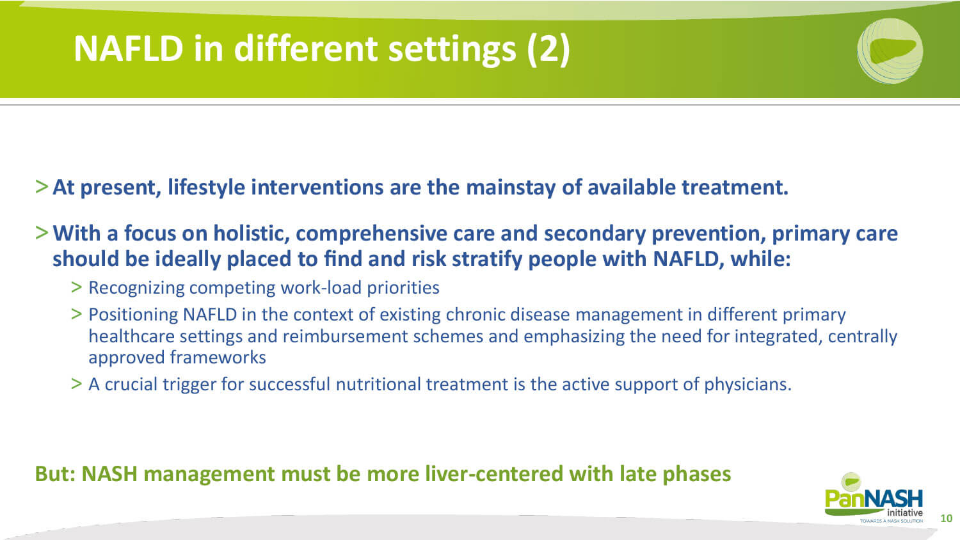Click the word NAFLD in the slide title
[129, 49]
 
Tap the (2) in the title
[548, 50]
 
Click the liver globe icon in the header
[890, 51]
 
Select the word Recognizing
[136, 288]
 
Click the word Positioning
[133, 315]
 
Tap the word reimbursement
[345, 337]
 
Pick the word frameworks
[218, 358]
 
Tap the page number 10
[946, 518]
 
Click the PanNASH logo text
[874, 500]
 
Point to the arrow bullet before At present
[42, 187]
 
